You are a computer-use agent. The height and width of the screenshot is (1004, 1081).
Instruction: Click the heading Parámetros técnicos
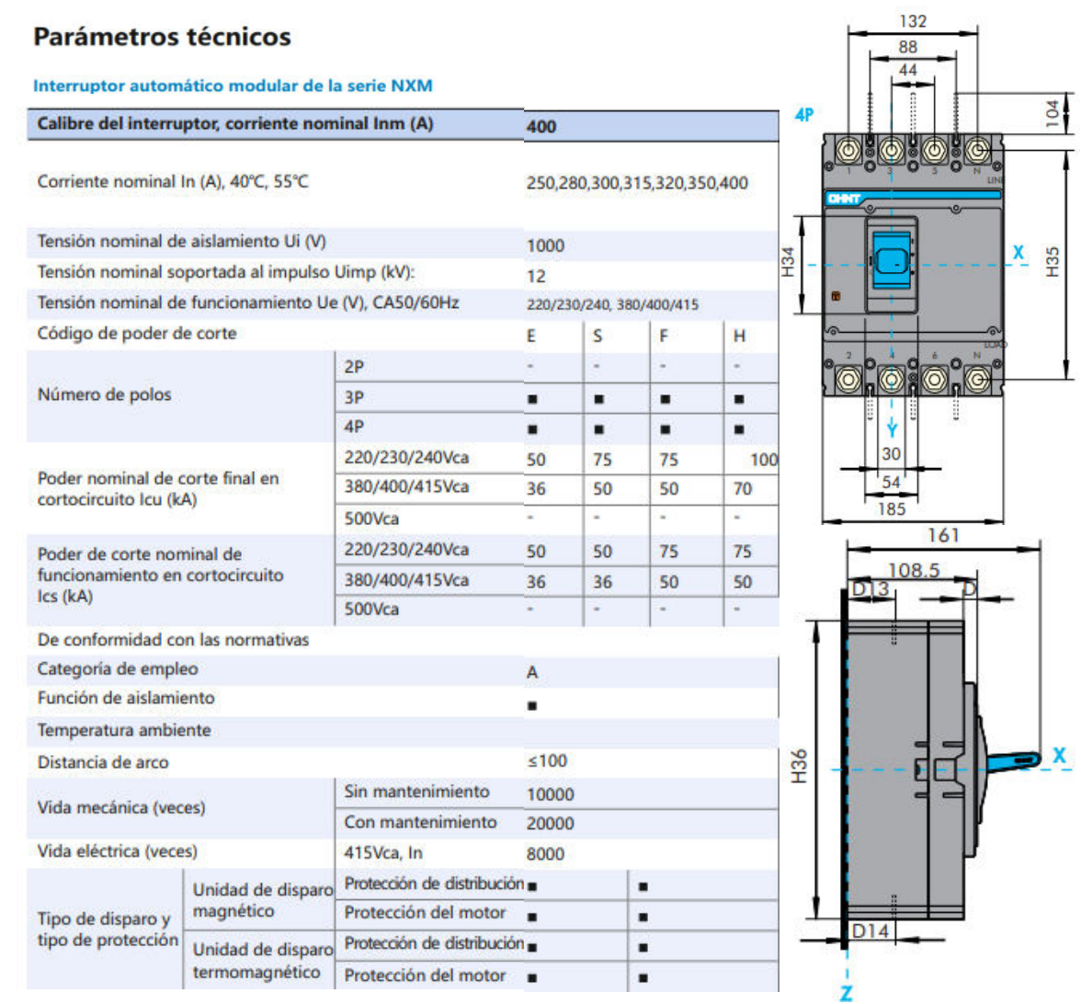162,37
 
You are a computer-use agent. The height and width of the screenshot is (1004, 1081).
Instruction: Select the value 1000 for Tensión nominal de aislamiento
545,245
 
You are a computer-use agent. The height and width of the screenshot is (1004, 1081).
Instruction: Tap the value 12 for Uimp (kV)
536,276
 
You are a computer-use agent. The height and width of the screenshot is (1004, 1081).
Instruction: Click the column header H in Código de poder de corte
739,337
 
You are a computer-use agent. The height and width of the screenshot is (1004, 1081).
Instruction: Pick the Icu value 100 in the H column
763,460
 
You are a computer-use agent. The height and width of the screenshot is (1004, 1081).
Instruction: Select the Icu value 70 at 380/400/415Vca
743,489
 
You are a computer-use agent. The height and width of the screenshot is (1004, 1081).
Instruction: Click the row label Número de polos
104,394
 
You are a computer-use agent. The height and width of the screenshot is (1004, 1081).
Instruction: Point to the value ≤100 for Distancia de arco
547,761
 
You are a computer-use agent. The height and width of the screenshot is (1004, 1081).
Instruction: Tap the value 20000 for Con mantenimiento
550,824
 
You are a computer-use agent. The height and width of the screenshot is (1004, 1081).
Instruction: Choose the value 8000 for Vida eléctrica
545,854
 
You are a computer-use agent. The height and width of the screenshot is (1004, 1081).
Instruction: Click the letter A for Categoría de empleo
532,673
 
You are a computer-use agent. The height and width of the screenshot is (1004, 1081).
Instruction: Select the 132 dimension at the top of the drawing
912,21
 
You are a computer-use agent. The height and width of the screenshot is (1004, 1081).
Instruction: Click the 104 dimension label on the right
1053,114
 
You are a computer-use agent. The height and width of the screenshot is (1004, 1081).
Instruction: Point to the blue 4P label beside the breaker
804,116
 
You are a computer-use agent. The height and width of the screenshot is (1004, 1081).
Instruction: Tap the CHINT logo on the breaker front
843,199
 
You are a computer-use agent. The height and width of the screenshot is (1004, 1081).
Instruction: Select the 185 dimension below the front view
891,508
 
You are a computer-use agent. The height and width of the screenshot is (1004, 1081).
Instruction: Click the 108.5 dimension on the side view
913,570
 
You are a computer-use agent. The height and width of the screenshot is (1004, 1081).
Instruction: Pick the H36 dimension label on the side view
800,766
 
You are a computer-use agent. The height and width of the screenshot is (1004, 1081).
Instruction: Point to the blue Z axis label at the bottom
846,992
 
